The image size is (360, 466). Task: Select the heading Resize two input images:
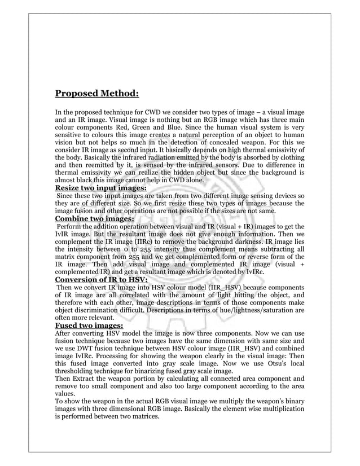tap(100, 188)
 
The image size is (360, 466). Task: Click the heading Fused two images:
tap(88, 325)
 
